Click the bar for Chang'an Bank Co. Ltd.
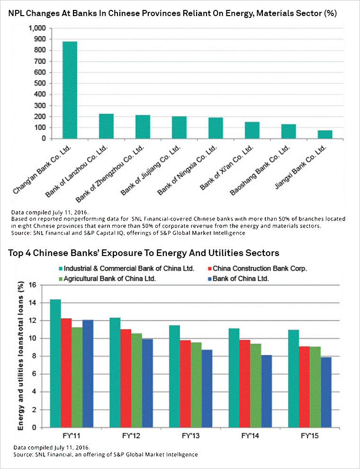70,90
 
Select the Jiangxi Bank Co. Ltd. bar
325,134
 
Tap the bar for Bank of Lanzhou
106,126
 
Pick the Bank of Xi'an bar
252,131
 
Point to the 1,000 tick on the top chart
37,28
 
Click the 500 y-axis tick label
40,83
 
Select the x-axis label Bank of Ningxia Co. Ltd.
188,170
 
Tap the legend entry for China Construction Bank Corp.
257,269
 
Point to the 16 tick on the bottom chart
32,285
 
